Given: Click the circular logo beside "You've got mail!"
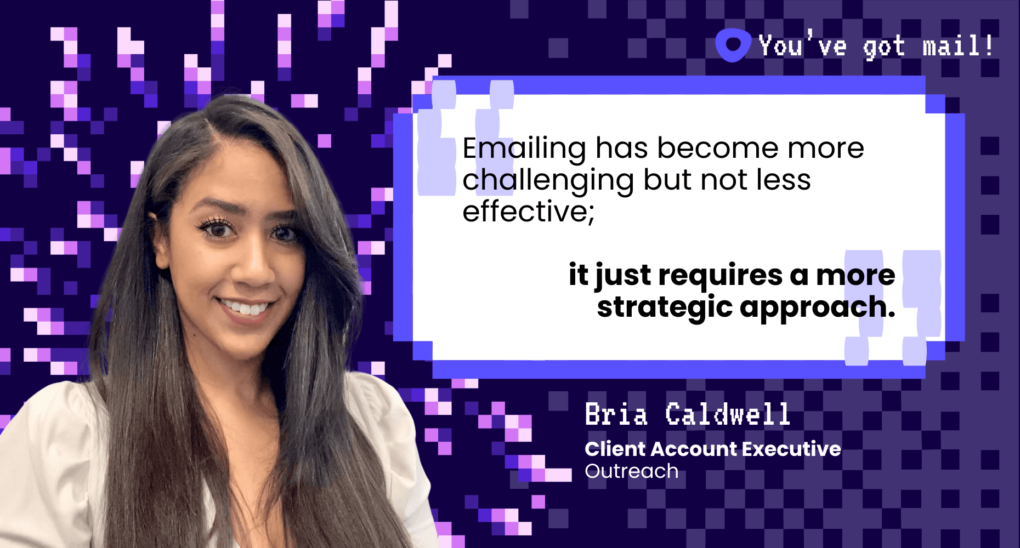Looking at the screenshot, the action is point(733,45).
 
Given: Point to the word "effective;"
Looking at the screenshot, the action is point(529,212).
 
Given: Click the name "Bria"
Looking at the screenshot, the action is point(616,414).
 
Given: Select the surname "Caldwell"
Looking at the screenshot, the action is point(728,414).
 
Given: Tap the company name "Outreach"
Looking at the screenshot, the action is point(632,471).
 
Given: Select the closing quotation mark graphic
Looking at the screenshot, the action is point(893,308).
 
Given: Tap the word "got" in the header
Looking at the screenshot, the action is point(884,47).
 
